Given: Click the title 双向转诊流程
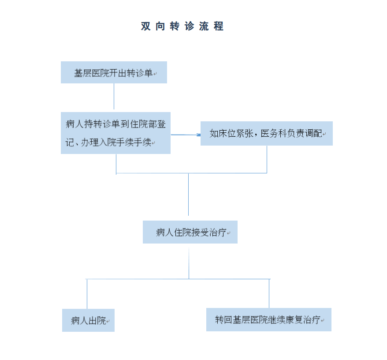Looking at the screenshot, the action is pyautogui.click(x=182, y=26).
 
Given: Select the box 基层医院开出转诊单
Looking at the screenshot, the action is pyautogui.click(x=114, y=72).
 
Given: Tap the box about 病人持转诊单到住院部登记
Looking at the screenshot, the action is pyautogui.click(x=115, y=133).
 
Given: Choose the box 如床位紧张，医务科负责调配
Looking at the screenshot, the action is pyautogui.click(x=267, y=133).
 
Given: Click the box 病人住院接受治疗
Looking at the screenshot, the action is pyautogui.click(x=190, y=232).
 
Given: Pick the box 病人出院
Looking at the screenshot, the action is pyautogui.click(x=88, y=320).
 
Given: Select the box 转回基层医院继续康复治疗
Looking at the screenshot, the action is pyautogui.click(x=269, y=319).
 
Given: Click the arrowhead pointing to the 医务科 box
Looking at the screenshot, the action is pyautogui.click(x=198, y=135).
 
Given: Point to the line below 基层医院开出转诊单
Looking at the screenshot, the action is pyautogui.click(x=114, y=96).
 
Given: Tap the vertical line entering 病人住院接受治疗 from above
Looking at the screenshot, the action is pyautogui.click(x=188, y=195).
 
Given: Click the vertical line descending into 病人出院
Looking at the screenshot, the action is pyautogui.click(x=87, y=294).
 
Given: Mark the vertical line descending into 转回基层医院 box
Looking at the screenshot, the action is pyautogui.click(x=269, y=293).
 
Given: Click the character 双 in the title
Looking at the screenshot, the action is pyautogui.click(x=145, y=26).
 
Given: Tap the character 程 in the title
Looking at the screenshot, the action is pyautogui.click(x=219, y=26).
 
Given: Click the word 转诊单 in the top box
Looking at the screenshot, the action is pyautogui.click(x=139, y=73).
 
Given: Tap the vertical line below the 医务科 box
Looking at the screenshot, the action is pyautogui.click(x=267, y=159).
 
